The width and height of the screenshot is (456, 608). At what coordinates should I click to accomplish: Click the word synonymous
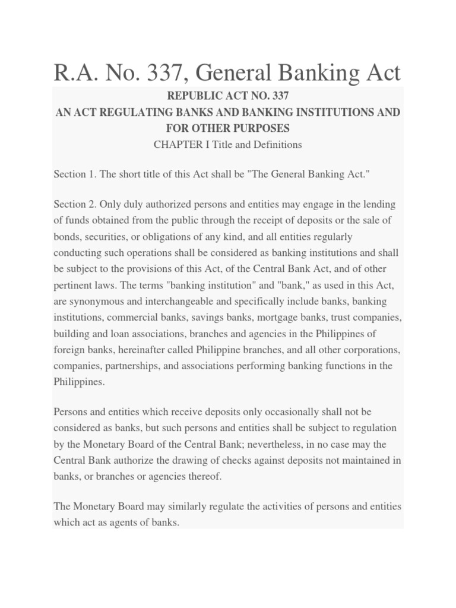coord(93,301)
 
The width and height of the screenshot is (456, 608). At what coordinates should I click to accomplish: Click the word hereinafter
coord(118,350)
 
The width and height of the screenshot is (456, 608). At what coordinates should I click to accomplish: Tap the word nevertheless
coord(299,444)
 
